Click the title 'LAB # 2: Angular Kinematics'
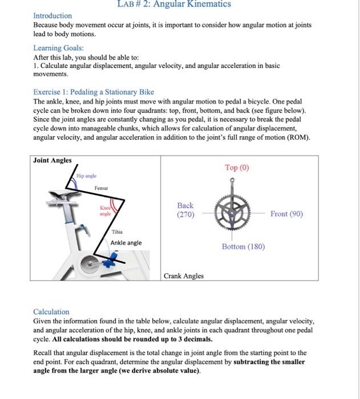click(x=180, y=5)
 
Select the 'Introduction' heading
click(x=52, y=15)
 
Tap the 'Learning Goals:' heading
click(x=58, y=48)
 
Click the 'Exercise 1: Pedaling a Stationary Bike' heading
click(x=94, y=92)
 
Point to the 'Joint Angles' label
click(x=52, y=160)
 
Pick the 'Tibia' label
click(x=117, y=231)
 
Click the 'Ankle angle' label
click(x=126, y=243)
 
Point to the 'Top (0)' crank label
click(x=237, y=168)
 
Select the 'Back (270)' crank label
click(x=185, y=210)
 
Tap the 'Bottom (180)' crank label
click(x=243, y=246)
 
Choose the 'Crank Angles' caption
click(x=183, y=276)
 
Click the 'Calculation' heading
click(x=51, y=312)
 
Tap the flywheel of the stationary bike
click(x=90, y=263)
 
